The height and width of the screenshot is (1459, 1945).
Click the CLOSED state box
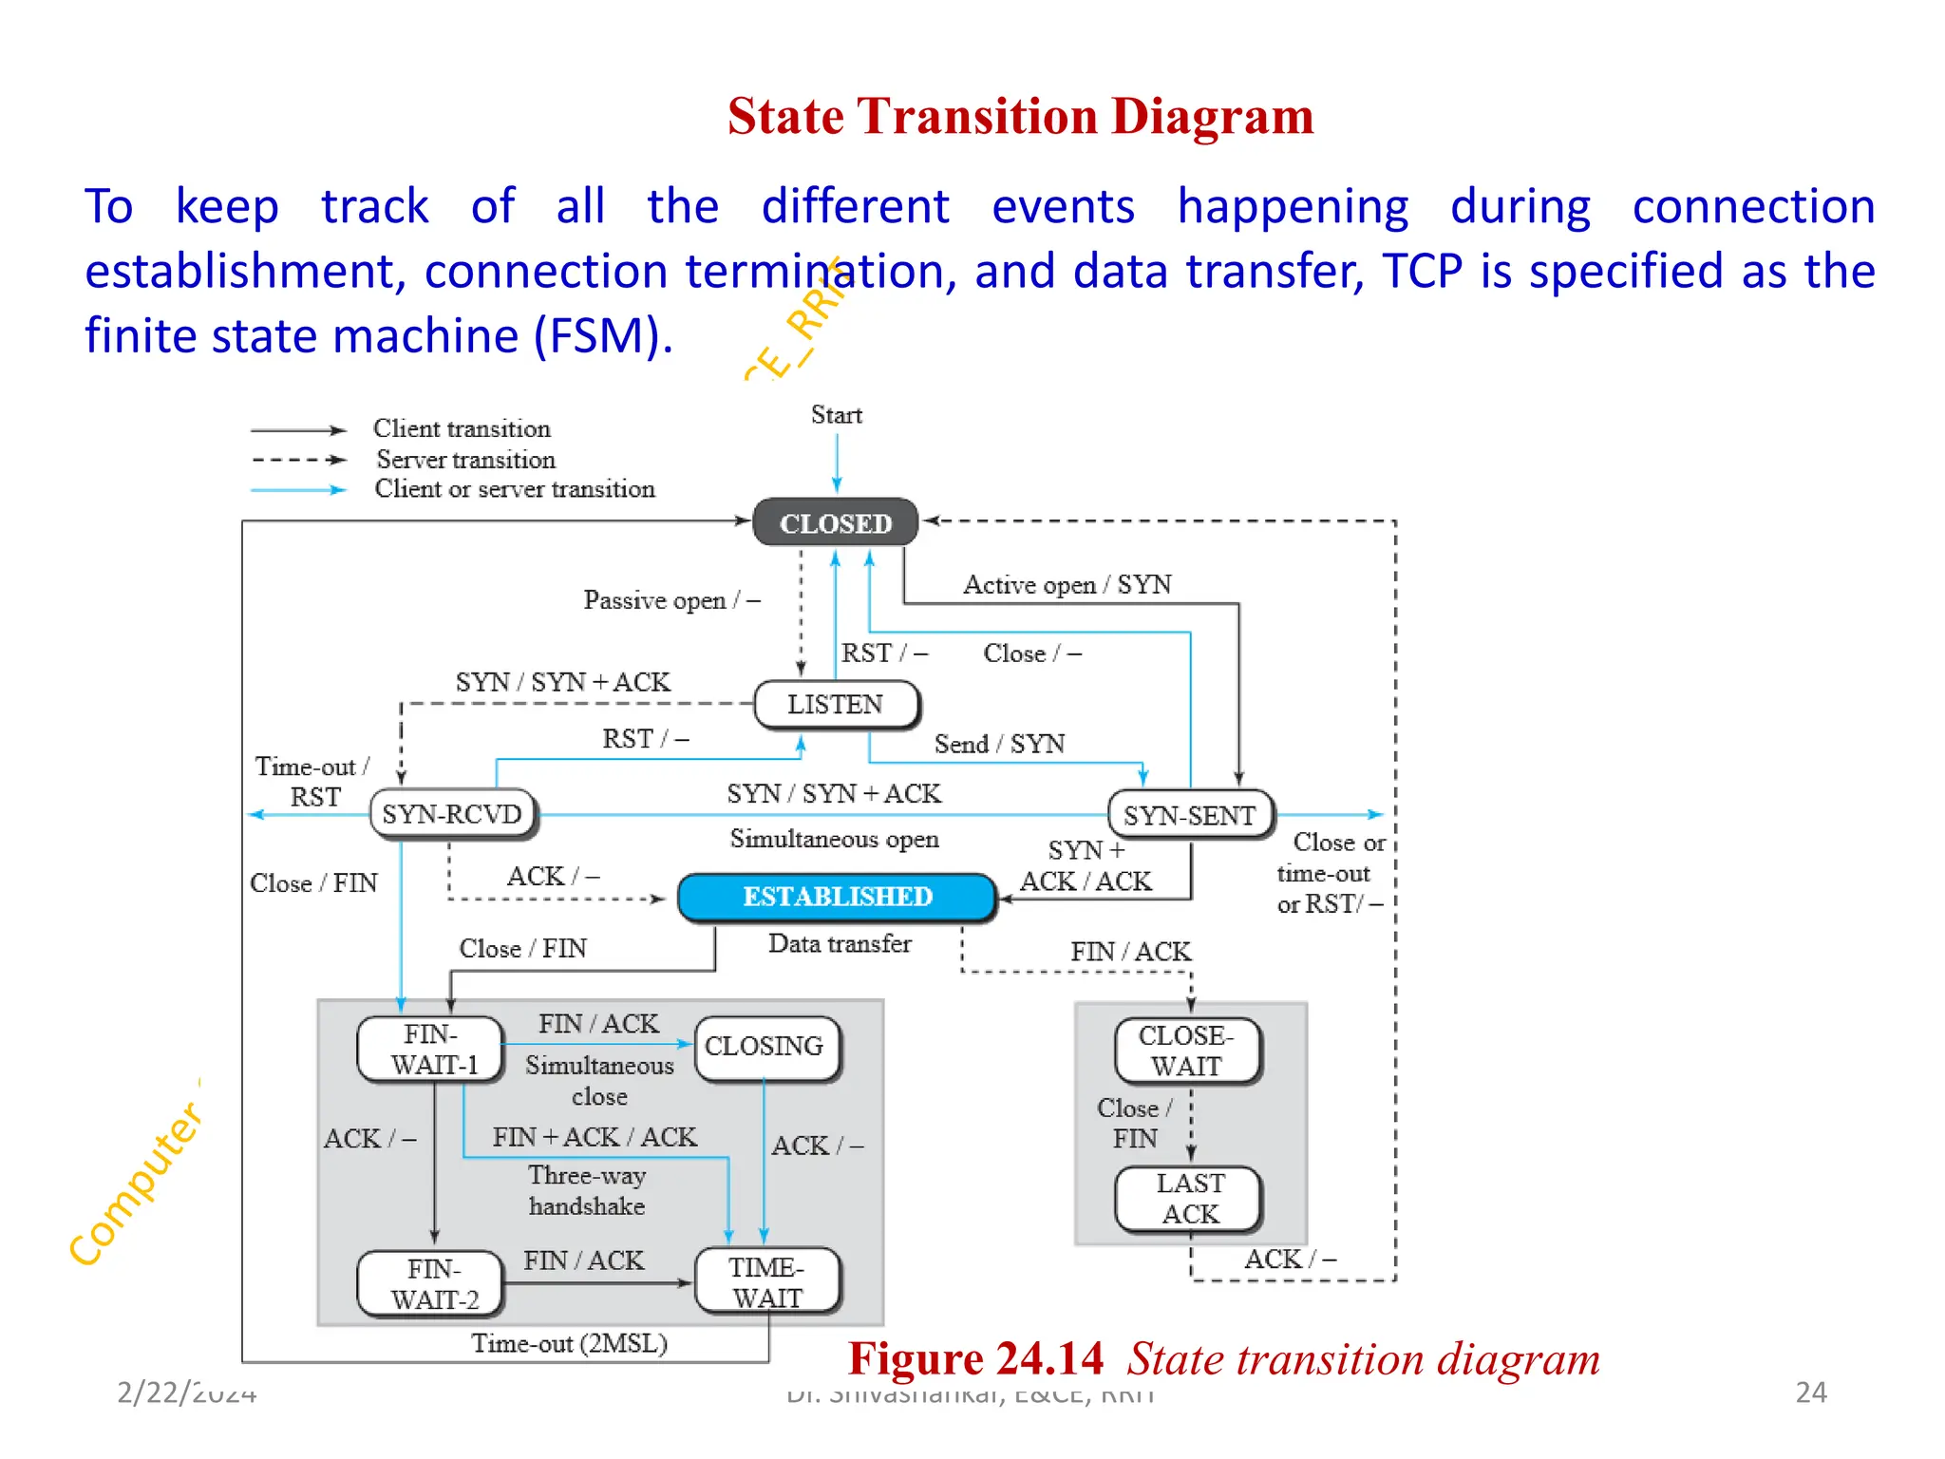pos(836,523)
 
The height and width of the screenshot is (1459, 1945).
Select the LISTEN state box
pos(836,705)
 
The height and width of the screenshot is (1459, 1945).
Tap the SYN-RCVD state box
pos(452,814)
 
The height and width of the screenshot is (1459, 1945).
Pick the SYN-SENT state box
pos(1190,815)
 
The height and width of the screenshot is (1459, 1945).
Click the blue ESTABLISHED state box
pos(837,897)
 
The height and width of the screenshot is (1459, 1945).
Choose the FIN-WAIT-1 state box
pos(431,1049)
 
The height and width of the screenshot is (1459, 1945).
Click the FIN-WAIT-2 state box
pos(432,1283)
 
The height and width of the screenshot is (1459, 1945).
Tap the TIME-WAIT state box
pos(767,1281)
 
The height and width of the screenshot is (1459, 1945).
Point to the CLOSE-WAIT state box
pos(1187,1051)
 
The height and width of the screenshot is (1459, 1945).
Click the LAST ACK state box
pos(1189,1199)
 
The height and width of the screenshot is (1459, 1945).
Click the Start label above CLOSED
pos(836,415)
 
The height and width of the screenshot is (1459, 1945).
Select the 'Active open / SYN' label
pos(1067,584)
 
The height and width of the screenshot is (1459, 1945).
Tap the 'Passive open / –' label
pos(671,600)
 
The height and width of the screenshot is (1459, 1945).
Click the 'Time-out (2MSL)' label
pos(570,1343)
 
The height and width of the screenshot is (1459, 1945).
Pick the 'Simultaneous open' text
pos(834,839)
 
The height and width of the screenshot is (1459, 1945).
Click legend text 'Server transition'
pos(465,460)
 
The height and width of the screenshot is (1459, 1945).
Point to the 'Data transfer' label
pos(840,943)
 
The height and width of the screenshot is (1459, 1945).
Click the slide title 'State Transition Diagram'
pos(1020,117)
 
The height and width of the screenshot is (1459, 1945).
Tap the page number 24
pos(1810,1393)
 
